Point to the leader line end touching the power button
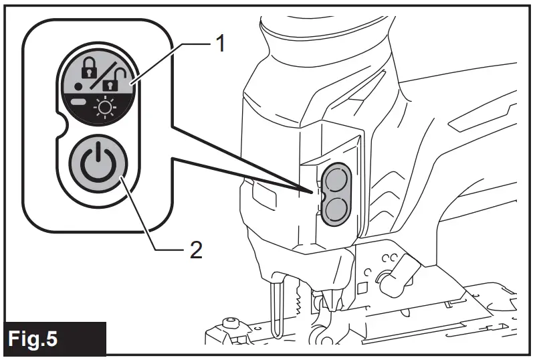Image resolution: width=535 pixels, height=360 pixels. coord(120,178)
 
